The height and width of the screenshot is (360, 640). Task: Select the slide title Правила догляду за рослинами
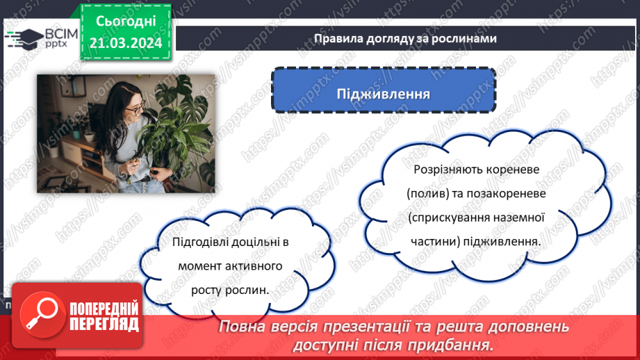click(404, 38)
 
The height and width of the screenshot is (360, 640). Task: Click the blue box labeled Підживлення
click(383, 93)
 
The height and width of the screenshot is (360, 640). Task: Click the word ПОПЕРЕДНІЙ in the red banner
click(103, 309)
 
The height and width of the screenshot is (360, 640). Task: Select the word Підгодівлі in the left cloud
click(200, 242)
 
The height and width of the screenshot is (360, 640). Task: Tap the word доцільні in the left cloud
click(253, 242)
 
